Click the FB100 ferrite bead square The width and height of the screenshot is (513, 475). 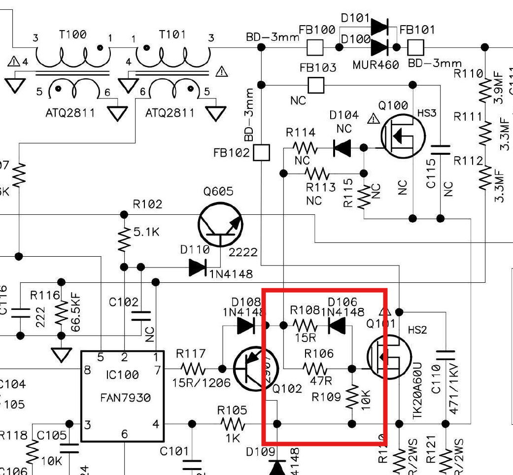pos(315,48)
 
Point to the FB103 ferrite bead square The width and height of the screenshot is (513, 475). pos(316,85)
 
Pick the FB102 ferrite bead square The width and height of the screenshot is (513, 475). pos(262,153)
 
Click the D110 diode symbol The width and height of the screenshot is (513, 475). pos(198,268)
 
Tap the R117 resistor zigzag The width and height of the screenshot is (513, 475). pos(192,368)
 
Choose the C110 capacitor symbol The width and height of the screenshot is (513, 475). pos(445,355)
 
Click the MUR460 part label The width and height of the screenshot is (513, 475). pos(376,65)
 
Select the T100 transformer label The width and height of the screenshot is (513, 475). pos(72,34)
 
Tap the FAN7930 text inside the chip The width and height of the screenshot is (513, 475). pos(122,397)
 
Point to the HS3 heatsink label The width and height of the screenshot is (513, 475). pos(427,113)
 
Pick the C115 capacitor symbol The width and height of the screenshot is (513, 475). pos(440,149)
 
